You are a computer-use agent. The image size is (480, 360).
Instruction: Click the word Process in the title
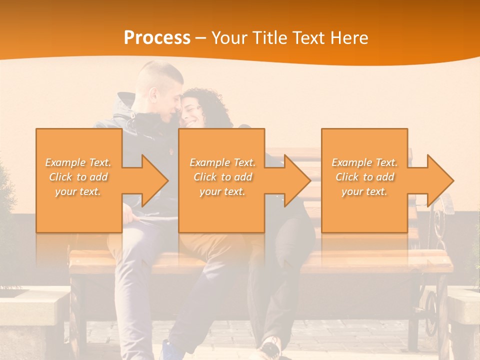click(157, 38)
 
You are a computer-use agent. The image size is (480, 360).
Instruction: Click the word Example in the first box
click(65, 162)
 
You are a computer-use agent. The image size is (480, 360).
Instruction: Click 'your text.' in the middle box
click(222, 191)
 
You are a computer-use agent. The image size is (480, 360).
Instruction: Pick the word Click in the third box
click(347, 177)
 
